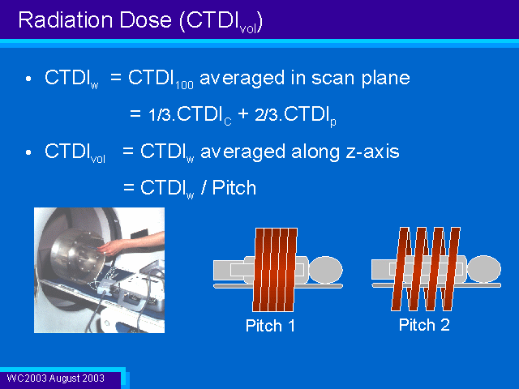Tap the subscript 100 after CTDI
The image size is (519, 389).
[184, 85]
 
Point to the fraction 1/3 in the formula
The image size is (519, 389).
[160, 114]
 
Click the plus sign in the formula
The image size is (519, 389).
[243, 114]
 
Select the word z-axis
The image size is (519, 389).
[372, 152]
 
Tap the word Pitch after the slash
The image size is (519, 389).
[234, 188]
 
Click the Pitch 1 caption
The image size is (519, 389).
[270, 326]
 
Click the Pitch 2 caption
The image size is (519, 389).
[424, 325]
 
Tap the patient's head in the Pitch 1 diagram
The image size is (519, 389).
[326, 270]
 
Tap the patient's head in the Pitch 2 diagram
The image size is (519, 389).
[484, 268]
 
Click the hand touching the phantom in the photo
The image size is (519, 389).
[111, 246]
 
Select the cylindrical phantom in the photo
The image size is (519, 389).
[78, 256]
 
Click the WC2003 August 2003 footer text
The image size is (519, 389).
[56, 378]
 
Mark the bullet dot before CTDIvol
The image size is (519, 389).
[28, 152]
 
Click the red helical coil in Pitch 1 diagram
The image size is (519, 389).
[274, 270]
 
